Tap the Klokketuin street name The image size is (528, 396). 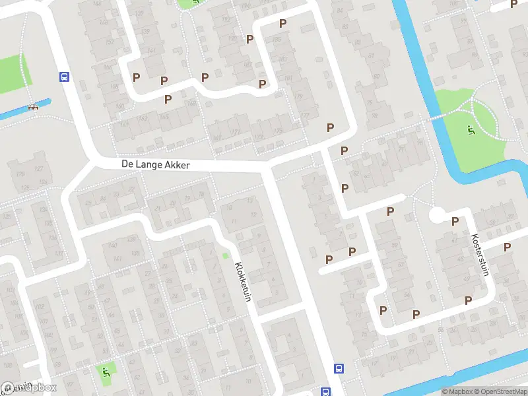pyautogui.click(x=243, y=282)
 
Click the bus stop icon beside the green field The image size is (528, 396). pyautogui.click(x=64, y=77)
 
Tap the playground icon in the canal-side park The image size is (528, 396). pyautogui.click(x=470, y=130)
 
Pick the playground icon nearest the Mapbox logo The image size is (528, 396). pyautogui.click(x=106, y=372)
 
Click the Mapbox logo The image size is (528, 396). pyautogui.click(x=29, y=388)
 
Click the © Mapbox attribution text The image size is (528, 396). pyautogui.click(x=458, y=391)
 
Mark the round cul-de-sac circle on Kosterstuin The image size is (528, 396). pyautogui.click(x=437, y=215)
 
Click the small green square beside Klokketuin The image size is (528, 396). pyautogui.click(x=225, y=255)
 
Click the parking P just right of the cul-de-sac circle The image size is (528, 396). pyautogui.click(x=455, y=222)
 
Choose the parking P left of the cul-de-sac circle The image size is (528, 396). pyautogui.click(x=390, y=211)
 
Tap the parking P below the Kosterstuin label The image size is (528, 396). pyautogui.click(x=468, y=300)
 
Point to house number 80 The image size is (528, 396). pyautogui.click(x=378, y=76)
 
